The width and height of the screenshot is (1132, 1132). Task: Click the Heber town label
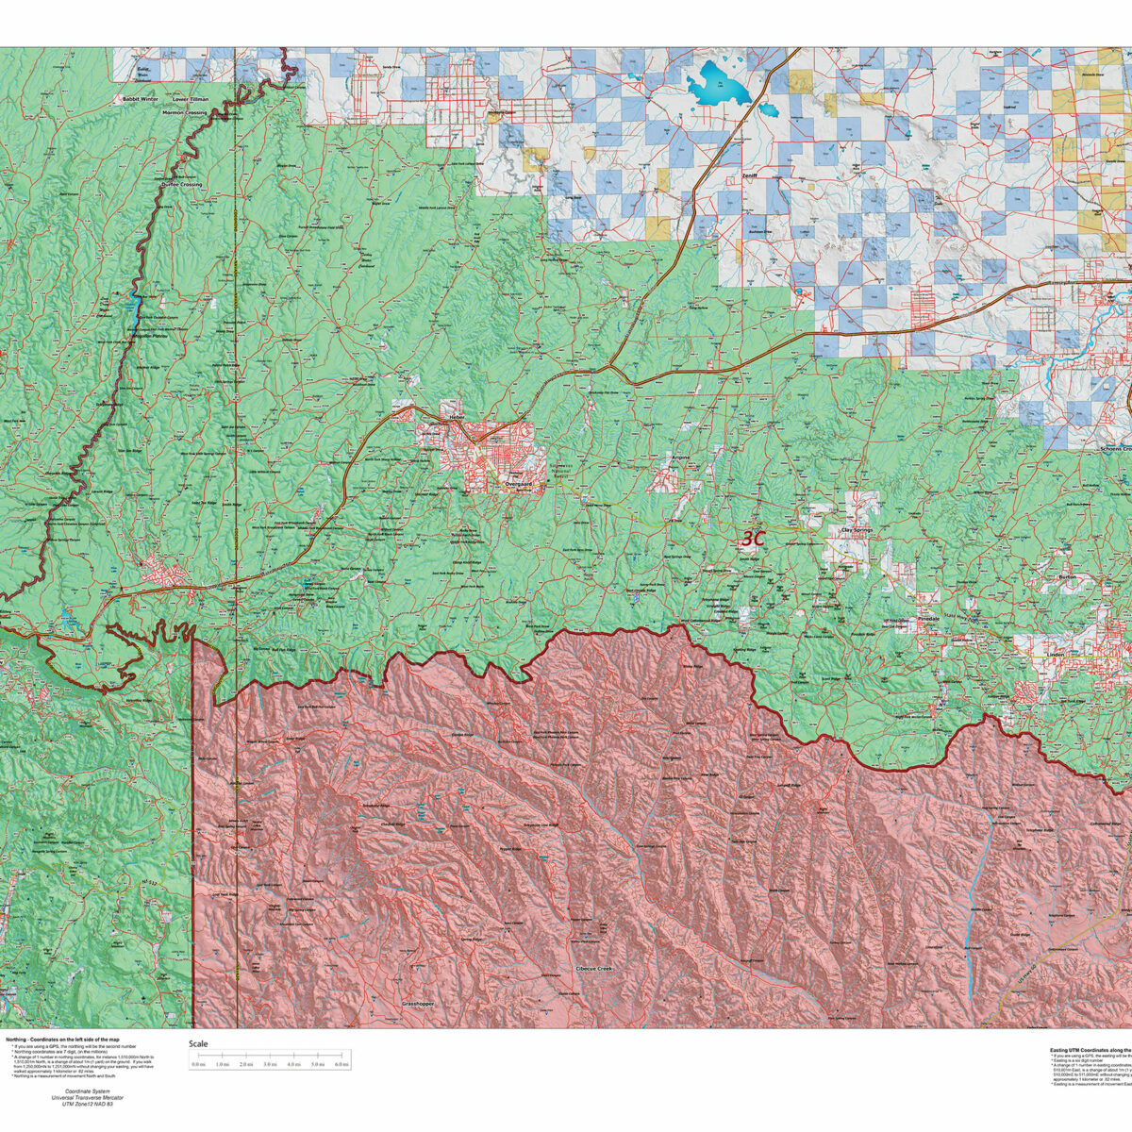(457, 416)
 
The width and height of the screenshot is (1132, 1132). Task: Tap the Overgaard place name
(519, 483)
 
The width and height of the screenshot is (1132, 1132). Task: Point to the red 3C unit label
(752, 539)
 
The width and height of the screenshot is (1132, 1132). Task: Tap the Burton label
(1068, 576)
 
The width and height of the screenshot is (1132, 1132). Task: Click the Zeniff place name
(751, 175)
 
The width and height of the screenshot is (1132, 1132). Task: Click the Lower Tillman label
(191, 98)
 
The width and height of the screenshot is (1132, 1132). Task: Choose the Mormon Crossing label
(184, 112)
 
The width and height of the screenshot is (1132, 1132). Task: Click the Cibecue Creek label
(594, 969)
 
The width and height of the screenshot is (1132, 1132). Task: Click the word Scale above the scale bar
(198, 1044)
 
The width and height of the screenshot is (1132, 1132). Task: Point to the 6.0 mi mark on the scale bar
(341, 1065)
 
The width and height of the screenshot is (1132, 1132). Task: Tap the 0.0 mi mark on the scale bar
(198, 1065)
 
